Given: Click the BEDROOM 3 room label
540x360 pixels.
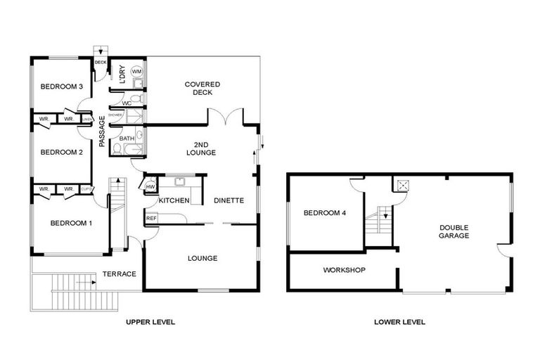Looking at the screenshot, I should pyautogui.click(x=62, y=86).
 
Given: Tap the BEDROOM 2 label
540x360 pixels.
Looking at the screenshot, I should pyautogui.click(x=62, y=152).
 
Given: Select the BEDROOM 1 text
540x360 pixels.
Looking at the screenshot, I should pyautogui.click(x=71, y=224).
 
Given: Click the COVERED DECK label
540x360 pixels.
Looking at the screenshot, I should pyautogui.click(x=202, y=89).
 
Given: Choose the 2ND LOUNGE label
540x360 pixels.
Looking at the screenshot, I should pyautogui.click(x=200, y=148).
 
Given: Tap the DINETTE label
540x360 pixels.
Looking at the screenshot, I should pyautogui.click(x=229, y=200).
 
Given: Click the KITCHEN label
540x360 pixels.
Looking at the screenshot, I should pyautogui.click(x=174, y=201).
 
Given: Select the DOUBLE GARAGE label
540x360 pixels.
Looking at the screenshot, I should pyautogui.click(x=454, y=231).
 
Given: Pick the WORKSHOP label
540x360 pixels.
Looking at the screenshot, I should pyautogui.click(x=344, y=270).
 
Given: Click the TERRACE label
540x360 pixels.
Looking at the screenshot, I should pyautogui.click(x=119, y=274).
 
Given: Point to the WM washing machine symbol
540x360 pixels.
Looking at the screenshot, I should pyautogui.click(x=136, y=72).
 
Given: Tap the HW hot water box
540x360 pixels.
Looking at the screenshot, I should pyautogui.click(x=150, y=186).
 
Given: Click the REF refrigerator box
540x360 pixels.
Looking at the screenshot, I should pyautogui.click(x=151, y=219).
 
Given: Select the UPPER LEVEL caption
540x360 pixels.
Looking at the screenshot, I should pyautogui.click(x=150, y=322).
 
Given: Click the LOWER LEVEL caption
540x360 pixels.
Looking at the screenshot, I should pyautogui.click(x=400, y=322).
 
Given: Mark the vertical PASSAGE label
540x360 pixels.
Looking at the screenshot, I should pyautogui.click(x=102, y=131).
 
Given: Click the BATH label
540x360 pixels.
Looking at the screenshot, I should pyautogui.click(x=127, y=139).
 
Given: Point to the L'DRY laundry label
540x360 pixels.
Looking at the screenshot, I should pyautogui.click(x=122, y=75).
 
